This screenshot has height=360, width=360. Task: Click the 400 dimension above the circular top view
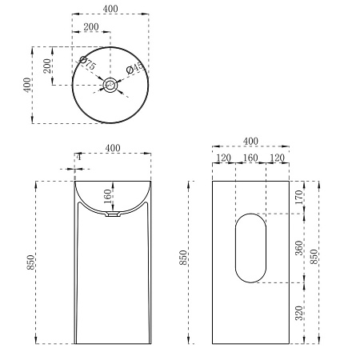click(x=110, y=9)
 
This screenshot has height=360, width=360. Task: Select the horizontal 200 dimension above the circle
click(x=91, y=27)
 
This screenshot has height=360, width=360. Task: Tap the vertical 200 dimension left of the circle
click(x=47, y=66)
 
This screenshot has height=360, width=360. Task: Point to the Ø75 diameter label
click(x=88, y=63)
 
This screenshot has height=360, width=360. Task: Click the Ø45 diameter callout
click(x=135, y=68)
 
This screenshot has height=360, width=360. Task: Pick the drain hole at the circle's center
click(x=110, y=85)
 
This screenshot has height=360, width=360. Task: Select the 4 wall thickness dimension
click(x=78, y=157)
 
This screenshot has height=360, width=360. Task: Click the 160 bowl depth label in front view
click(x=107, y=196)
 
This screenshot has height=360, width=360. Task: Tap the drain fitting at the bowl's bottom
click(x=112, y=214)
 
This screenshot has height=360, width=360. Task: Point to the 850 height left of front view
click(x=30, y=262)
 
